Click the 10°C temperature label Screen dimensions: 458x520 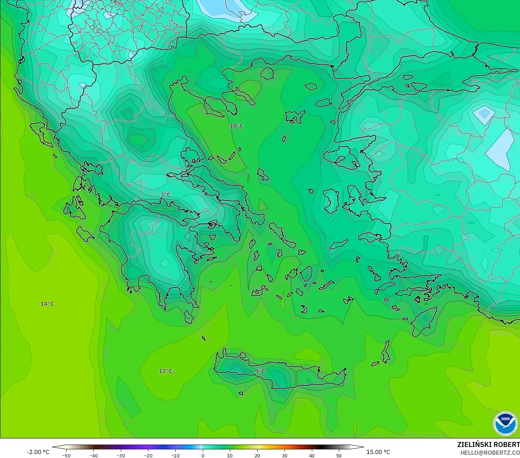pyautogui.click(x=236, y=126)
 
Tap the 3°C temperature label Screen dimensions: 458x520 pyautogui.click(x=165, y=195)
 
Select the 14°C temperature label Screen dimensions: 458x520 pyautogui.click(x=47, y=304)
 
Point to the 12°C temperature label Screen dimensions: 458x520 pyautogui.click(x=165, y=371)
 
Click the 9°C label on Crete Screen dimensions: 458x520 pyautogui.click(x=260, y=371)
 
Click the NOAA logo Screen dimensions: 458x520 pyautogui.click(x=505, y=423)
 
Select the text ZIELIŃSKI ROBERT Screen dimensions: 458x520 pyautogui.click(x=488, y=444)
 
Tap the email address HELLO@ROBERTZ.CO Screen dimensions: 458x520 pyautogui.click(x=490, y=453)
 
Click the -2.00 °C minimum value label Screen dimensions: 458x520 pyautogui.click(x=38, y=452)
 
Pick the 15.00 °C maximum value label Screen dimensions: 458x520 pyautogui.click(x=378, y=452)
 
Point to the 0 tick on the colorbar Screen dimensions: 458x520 pyautogui.click(x=203, y=455)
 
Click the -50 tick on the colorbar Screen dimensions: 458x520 pyautogui.click(x=66, y=455)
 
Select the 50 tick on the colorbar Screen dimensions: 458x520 pyautogui.click(x=339, y=455)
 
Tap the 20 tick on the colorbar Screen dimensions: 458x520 pyautogui.click(x=257, y=455)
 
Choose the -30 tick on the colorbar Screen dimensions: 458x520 pyautogui.click(x=120, y=455)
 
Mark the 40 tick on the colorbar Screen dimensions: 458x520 pyautogui.click(x=312, y=455)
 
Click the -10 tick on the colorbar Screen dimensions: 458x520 pyautogui.click(x=175, y=455)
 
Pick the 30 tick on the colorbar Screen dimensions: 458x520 pyautogui.click(x=284, y=455)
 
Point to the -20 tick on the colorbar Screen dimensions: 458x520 pyautogui.click(x=148, y=455)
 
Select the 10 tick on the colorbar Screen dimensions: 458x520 pyautogui.click(x=230, y=455)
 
